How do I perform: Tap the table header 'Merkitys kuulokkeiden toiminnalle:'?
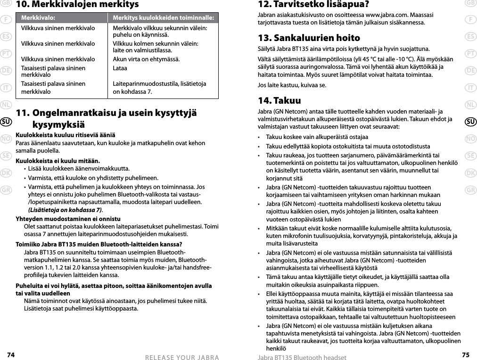point(163,17)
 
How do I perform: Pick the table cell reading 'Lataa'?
point(120,68)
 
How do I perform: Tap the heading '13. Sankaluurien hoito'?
point(309,38)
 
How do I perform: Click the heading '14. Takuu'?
point(279,101)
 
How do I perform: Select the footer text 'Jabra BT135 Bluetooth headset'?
point(299,357)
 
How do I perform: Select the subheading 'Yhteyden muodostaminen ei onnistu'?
point(68,219)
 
